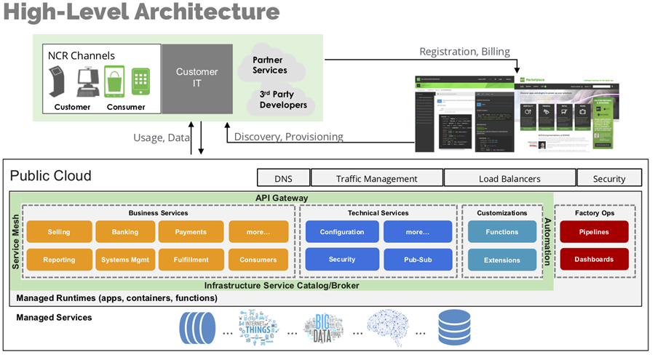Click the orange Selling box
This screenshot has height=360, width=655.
click(59, 232)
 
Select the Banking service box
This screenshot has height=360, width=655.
click(125, 232)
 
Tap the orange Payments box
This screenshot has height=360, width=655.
click(191, 232)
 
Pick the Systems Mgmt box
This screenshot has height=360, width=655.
click(125, 260)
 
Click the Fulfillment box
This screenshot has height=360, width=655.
click(191, 260)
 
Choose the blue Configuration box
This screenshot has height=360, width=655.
click(342, 232)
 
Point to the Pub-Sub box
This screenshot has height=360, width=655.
click(418, 260)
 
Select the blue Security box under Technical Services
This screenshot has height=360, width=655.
click(342, 260)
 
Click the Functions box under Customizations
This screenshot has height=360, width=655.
click(502, 232)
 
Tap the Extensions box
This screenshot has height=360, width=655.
click(502, 260)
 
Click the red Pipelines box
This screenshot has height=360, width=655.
click(594, 232)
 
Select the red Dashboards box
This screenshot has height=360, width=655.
click(594, 259)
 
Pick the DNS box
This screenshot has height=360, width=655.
click(283, 178)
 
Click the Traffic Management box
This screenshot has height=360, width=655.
click(377, 178)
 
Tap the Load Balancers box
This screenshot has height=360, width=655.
click(509, 178)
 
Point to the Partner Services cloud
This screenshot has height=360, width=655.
click(270, 65)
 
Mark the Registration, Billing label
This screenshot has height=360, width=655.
click(464, 52)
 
